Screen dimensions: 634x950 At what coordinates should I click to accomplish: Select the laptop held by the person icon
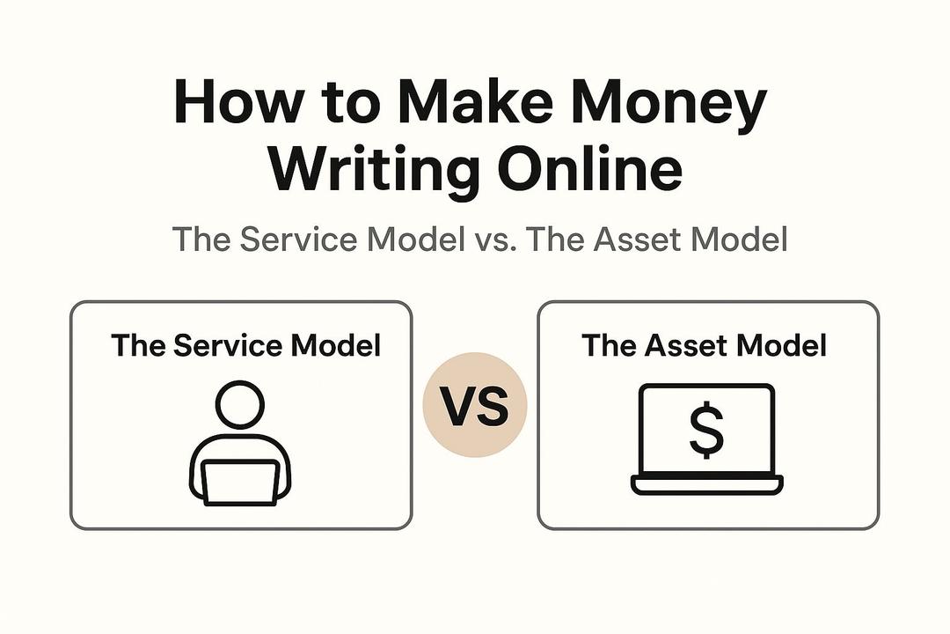(x=240, y=483)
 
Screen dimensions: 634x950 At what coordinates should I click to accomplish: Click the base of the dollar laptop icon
(x=707, y=484)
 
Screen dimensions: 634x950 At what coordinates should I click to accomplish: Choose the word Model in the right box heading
(x=781, y=345)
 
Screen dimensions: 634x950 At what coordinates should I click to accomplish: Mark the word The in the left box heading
(x=138, y=345)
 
